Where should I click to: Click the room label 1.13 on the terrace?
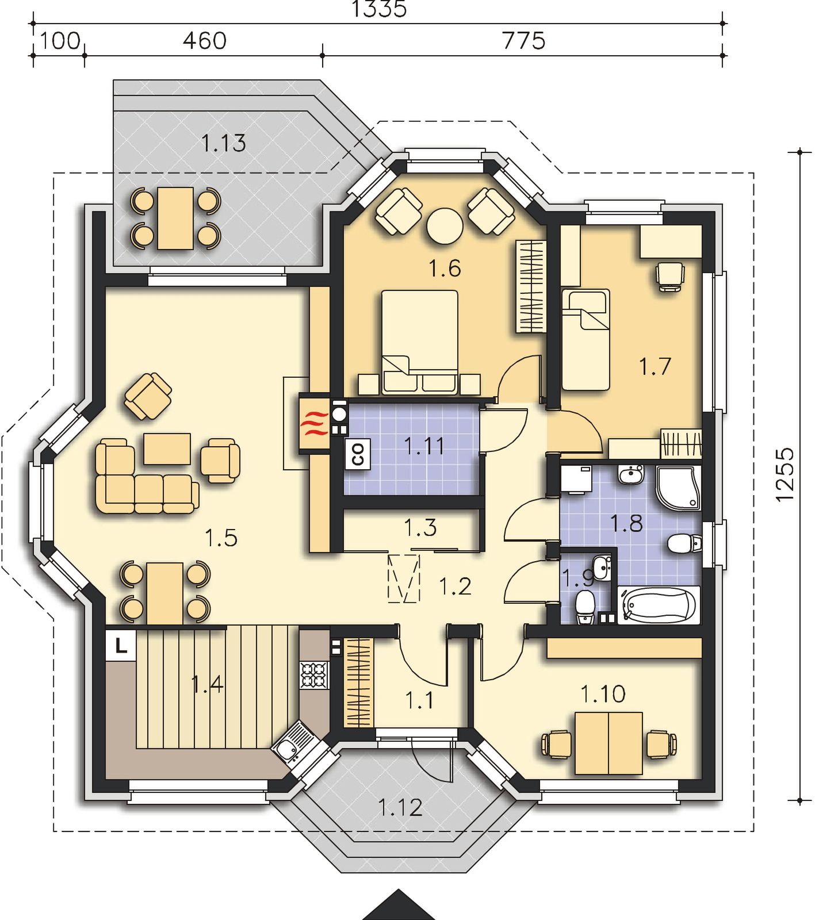click(x=224, y=143)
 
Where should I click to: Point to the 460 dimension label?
click(x=205, y=41)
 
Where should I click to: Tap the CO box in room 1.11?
click(x=358, y=454)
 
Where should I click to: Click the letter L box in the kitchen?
click(x=121, y=646)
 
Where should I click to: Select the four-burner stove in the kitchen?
click(x=314, y=675)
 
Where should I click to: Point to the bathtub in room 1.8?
click(x=659, y=605)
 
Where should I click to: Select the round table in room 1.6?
click(x=445, y=225)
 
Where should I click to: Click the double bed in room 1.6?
click(x=420, y=342)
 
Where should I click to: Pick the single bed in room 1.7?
click(x=585, y=339)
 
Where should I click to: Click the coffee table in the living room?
click(x=167, y=448)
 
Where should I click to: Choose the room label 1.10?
click(x=603, y=695)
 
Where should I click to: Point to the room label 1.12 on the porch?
click(x=400, y=807)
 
